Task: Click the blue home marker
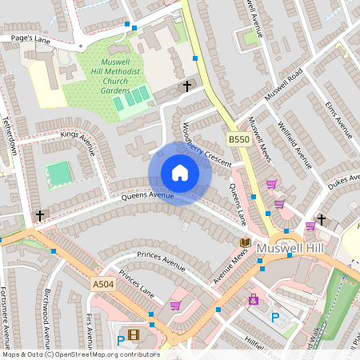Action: [180, 173]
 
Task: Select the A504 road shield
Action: [102, 283]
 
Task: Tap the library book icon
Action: [246, 242]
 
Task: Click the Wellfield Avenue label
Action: [294, 145]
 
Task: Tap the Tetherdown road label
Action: [10, 138]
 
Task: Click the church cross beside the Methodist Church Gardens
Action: [188, 86]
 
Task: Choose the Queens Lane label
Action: [238, 205]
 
